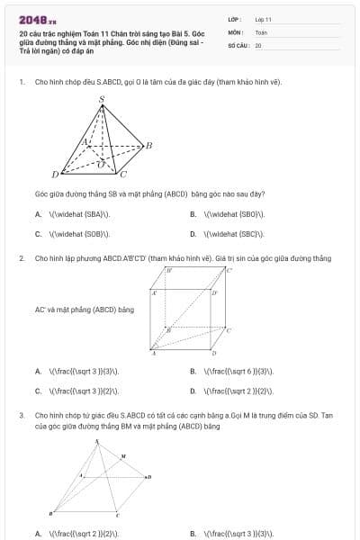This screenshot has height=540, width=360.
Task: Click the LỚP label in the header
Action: [234, 19]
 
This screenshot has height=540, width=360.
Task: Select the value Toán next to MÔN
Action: [261, 31]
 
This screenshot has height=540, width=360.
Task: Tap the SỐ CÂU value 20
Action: [258, 44]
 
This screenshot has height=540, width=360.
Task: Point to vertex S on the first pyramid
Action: [101, 99]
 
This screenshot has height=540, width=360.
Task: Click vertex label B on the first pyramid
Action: [148, 145]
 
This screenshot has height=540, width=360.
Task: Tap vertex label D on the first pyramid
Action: [55, 174]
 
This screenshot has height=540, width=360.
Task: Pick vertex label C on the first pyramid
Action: [124, 173]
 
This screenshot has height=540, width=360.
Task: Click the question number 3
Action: [21, 415]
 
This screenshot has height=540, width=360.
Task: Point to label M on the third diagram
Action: [123, 457]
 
